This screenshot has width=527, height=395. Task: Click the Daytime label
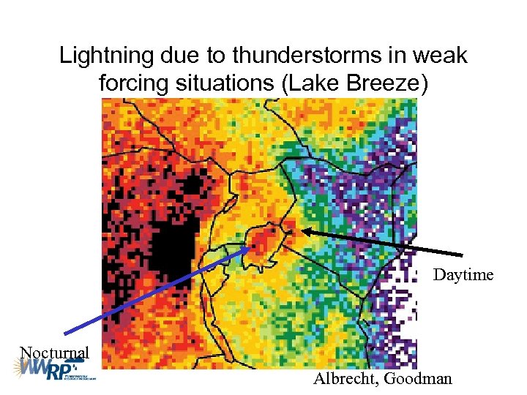[463, 275]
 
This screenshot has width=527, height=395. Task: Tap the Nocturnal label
[54, 353]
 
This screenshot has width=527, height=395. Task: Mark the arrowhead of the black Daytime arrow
[304, 231]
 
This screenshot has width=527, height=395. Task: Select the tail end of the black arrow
[463, 255]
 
